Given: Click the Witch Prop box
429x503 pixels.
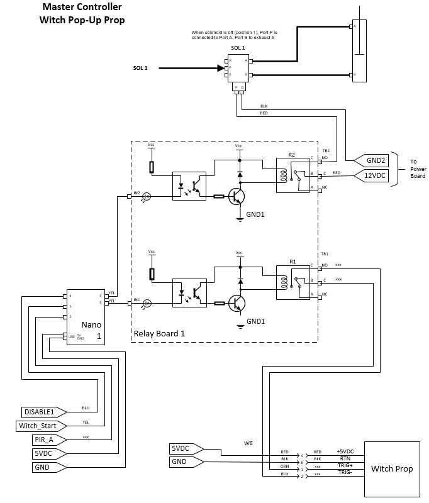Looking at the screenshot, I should (x=392, y=468).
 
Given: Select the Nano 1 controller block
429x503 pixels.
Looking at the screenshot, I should (x=86, y=317).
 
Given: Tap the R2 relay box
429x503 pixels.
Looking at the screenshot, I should (x=293, y=174).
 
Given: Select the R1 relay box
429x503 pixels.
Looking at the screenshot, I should (x=293, y=280).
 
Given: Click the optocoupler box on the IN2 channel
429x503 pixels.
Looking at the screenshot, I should (x=189, y=185).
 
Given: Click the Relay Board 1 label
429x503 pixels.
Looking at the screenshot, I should (x=159, y=333).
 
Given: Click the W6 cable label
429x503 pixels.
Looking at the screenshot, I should (x=248, y=443).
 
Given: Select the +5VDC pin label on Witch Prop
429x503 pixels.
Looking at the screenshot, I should (x=344, y=452).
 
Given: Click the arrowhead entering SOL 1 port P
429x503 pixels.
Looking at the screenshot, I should (x=221, y=68).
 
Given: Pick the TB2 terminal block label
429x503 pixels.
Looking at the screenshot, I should (x=326, y=151).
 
